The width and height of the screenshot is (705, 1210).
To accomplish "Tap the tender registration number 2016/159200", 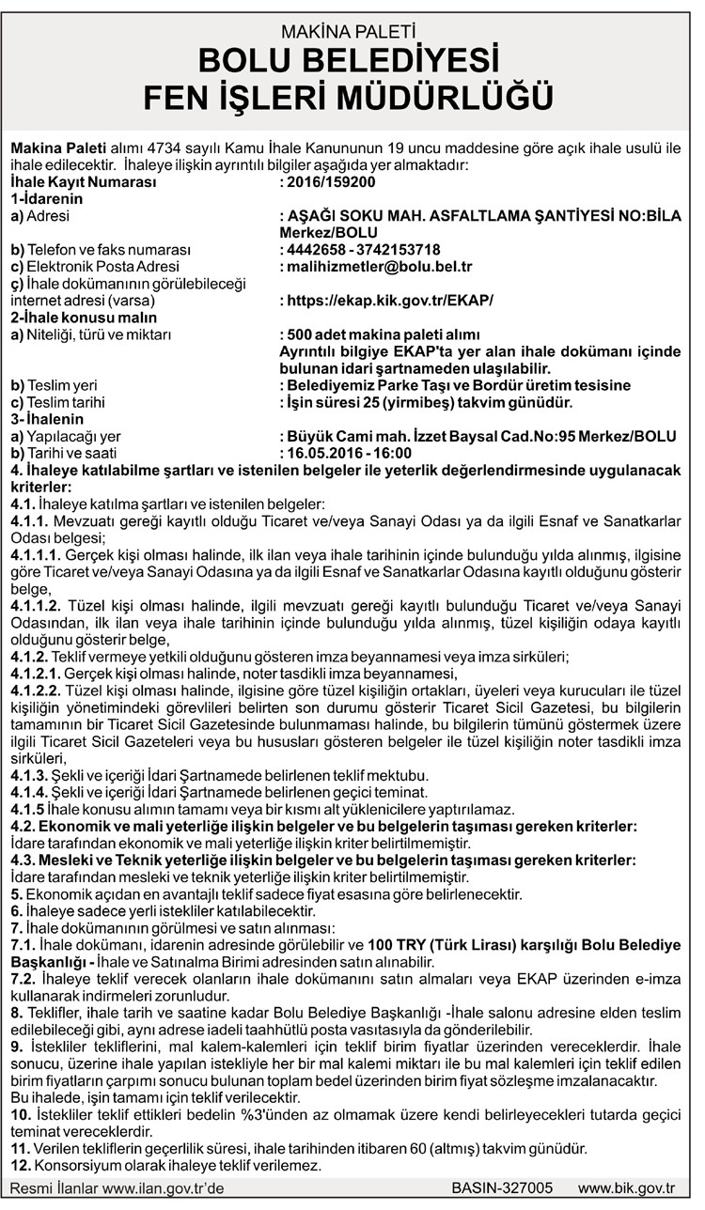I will point(331,182).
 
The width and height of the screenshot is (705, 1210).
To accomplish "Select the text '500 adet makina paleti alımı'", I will point(384,334).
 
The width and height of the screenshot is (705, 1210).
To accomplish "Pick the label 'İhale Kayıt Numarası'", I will point(83,182).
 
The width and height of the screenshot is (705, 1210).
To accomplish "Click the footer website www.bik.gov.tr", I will point(626,1187).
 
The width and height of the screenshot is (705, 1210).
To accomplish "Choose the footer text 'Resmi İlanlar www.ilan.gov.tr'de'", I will point(117,1187).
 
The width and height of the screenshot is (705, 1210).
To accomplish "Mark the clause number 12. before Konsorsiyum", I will point(19,1165).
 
